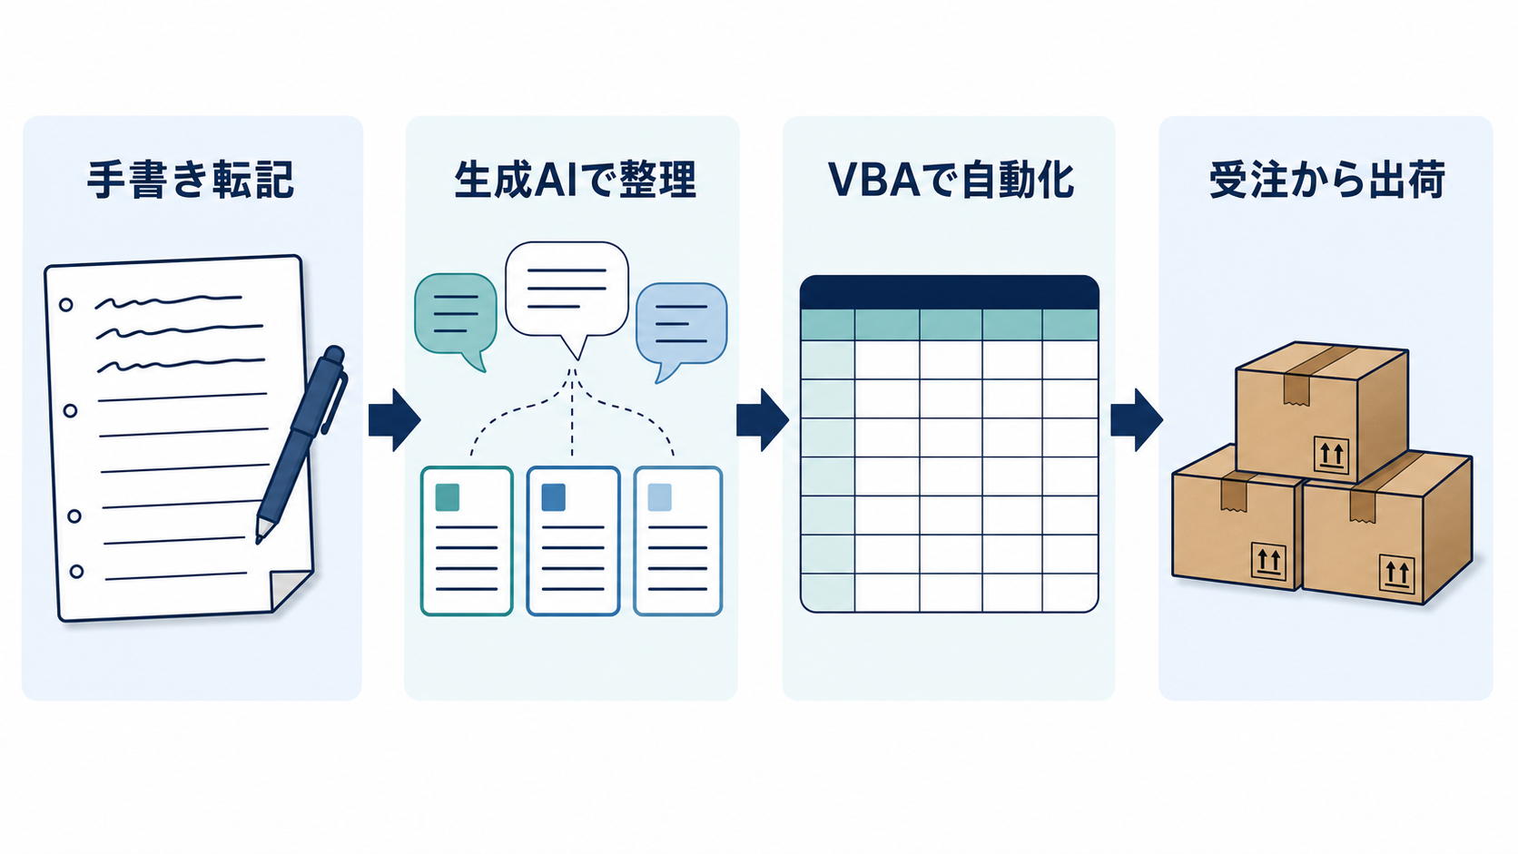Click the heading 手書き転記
[191, 180]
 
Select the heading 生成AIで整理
[576, 180]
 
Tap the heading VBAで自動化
[951, 180]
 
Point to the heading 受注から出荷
[1327, 180]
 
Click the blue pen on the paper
[301, 444]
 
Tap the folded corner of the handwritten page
[290, 589]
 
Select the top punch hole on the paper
[65, 305]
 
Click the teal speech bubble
[456, 319]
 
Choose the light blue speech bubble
[681, 329]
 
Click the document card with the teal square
[467, 541]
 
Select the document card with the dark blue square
[573, 541]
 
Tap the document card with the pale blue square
[678, 541]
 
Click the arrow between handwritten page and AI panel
[394, 420]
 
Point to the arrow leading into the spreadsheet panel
[763, 420]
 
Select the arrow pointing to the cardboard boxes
[1137, 420]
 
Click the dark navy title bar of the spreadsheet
[950, 292]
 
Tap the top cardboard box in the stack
[1322, 412]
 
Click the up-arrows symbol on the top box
[1331, 455]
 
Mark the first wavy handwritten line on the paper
[168, 301]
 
